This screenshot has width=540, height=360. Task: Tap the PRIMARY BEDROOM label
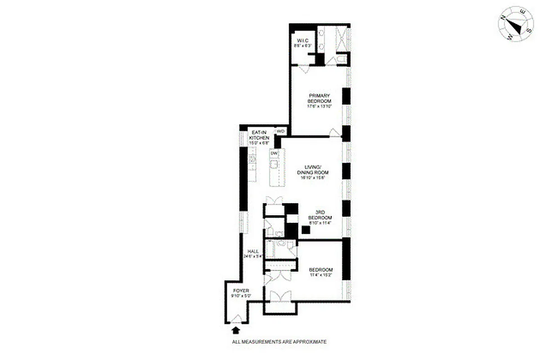tap(319, 98)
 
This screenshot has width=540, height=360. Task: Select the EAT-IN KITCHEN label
tap(261, 135)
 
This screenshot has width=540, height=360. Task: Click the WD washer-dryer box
tap(281, 131)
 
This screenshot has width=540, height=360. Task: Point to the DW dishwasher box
tap(274, 153)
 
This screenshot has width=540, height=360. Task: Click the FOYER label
tap(238, 291)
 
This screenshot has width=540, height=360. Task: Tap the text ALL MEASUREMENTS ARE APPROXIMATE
tap(279, 342)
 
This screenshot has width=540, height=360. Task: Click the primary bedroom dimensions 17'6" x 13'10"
tap(319, 107)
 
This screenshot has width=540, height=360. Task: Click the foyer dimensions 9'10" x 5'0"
tap(238, 296)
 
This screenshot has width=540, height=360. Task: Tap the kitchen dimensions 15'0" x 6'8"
tap(261, 143)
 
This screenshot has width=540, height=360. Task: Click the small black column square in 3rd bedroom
tap(306, 229)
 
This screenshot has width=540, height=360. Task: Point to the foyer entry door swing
tap(236, 318)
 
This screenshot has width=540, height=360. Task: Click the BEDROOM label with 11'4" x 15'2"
tap(321, 270)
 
